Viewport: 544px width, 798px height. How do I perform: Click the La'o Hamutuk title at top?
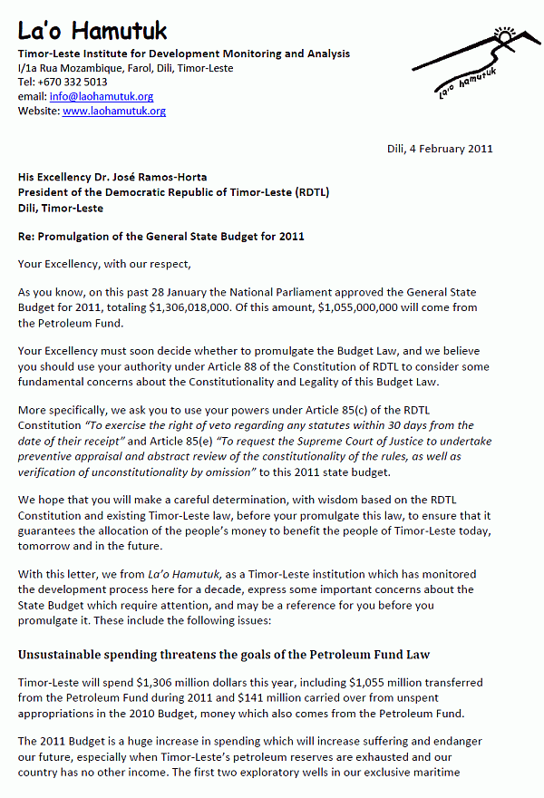click(x=92, y=31)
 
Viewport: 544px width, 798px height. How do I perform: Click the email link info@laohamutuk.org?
click(x=101, y=96)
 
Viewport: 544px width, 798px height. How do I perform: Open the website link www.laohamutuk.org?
click(x=114, y=111)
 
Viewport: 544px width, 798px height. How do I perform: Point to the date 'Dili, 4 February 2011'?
click(x=434, y=149)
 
